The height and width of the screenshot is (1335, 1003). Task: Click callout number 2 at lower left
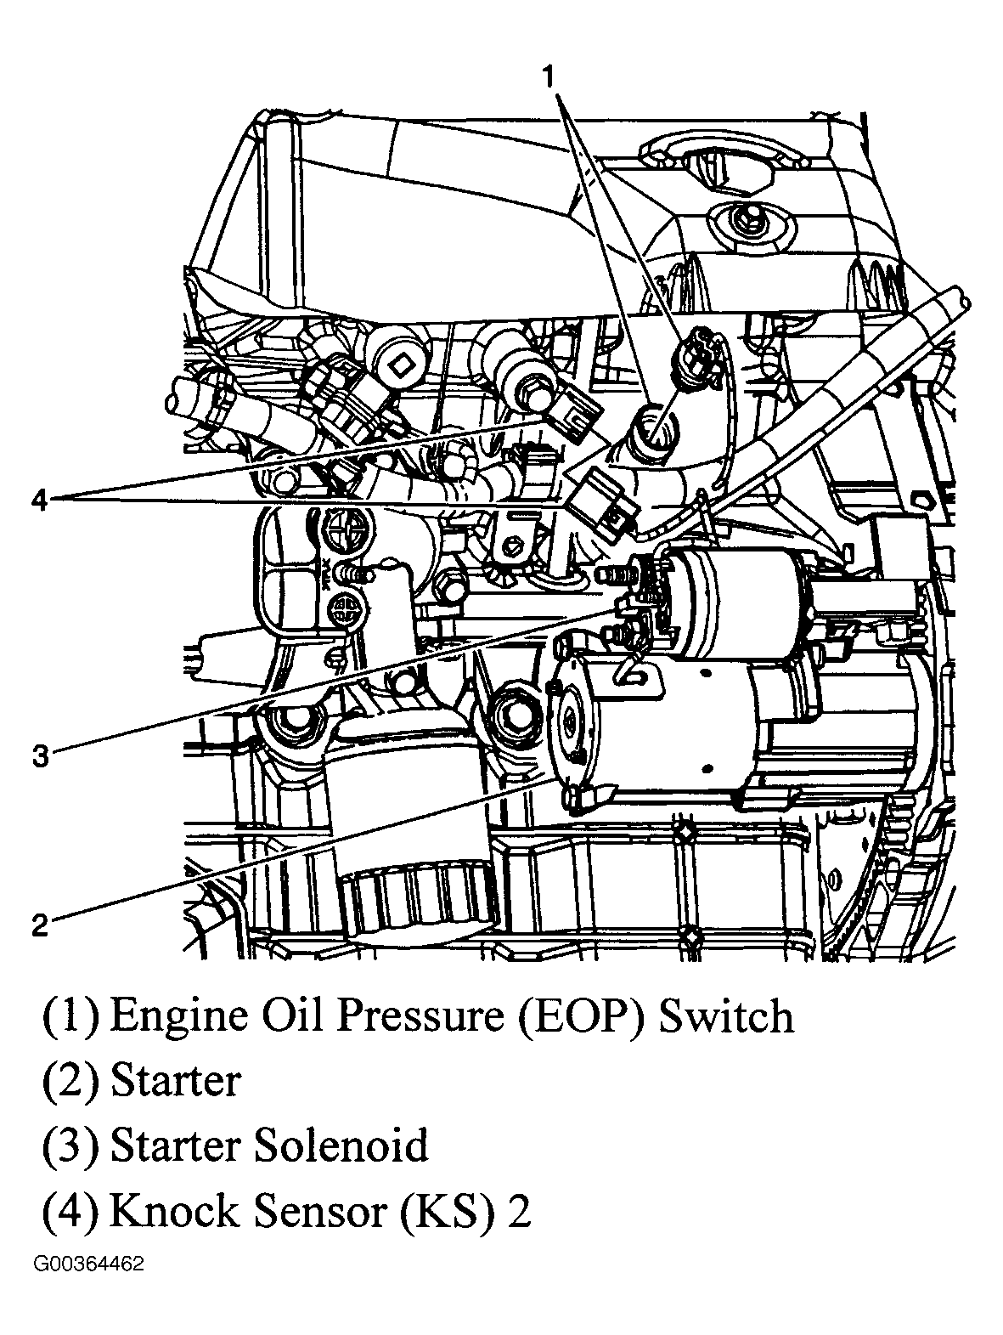point(40,924)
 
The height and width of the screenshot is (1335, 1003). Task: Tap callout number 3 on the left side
point(41,755)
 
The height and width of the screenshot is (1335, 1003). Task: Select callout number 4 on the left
point(39,500)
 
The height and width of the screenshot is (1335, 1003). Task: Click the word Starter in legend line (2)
point(176,1081)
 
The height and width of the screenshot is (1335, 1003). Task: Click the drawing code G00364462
point(88,1264)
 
